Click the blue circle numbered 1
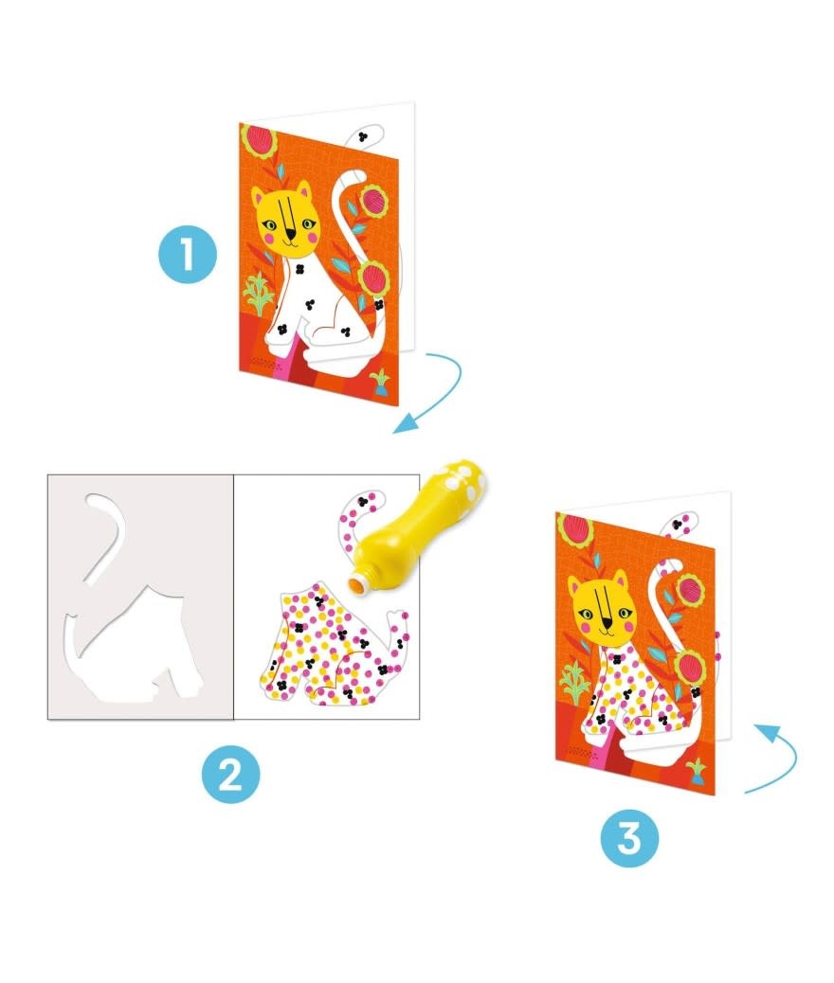click(188, 255)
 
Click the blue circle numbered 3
click(629, 837)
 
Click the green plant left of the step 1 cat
click(259, 294)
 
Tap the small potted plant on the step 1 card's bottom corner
click(380, 383)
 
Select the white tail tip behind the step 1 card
click(370, 134)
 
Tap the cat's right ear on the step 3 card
click(621, 580)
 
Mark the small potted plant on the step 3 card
click(697, 771)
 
